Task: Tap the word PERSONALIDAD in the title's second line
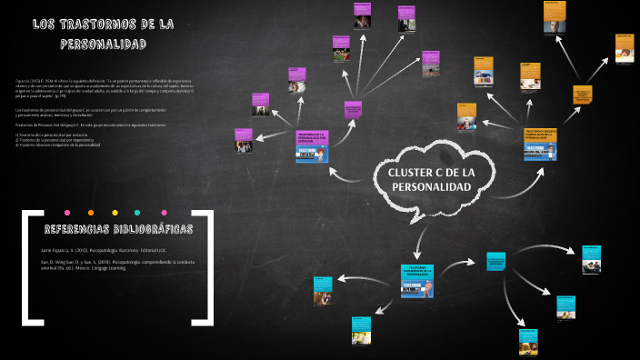click(x=104, y=44)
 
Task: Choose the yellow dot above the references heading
click(x=91, y=212)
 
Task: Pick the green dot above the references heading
click(x=136, y=212)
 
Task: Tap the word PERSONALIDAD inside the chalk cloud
click(x=431, y=186)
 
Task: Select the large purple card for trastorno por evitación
click(x=311, y=147)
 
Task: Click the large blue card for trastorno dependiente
click(x=418, y=281)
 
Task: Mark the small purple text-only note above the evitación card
click(x=353, y=111)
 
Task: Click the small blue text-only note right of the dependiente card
click(x=495, y=261)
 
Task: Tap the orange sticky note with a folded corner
click(x=582, y=95)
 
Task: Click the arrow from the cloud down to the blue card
click(x=419, y=238)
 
